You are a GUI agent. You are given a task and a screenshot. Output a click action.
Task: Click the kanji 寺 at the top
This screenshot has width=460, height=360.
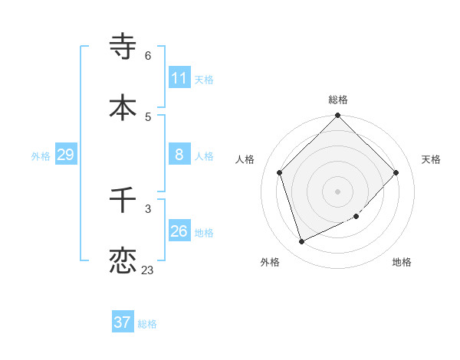tap(123, 47)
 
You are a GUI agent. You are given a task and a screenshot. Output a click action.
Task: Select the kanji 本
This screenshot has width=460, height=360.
tap(123, 107)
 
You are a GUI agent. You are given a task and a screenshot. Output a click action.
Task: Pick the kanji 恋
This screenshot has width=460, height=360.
tap(123, 260)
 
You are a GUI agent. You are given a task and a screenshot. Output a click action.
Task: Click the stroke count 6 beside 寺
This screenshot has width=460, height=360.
tap(148, 55)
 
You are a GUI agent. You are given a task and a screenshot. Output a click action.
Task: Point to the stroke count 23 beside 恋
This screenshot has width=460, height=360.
tap(147, 270)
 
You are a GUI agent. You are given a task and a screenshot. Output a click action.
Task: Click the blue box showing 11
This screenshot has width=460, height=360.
tap(179, 78)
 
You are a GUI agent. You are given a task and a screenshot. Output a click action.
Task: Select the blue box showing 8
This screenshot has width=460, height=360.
tap(179, 155)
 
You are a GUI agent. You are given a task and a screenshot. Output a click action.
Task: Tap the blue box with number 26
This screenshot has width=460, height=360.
tap(179, 231)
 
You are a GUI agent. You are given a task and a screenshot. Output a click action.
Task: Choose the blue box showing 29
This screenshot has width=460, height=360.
tap(65, 155)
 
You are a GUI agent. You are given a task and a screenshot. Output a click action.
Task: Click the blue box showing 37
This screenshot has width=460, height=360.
tap(123, 322)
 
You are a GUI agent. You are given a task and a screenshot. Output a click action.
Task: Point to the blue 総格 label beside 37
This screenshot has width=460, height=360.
tap(147, 324)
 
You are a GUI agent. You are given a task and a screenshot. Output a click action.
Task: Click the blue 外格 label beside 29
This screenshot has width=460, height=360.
tap(41, 156)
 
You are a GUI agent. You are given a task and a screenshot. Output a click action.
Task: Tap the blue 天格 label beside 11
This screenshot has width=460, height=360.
tap(204, 80)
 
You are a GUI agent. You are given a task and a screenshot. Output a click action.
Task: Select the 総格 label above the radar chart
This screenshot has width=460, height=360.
tap(338, 100)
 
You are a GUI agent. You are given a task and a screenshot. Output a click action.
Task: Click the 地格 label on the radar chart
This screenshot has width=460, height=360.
tap(402, 262)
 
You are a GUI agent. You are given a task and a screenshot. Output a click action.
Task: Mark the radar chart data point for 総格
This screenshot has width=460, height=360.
tap(338, 116)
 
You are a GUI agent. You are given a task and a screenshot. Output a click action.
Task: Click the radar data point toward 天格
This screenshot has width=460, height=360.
tap(396, 172)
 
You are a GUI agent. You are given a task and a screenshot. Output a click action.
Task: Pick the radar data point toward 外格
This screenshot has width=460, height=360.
tap(302, 242)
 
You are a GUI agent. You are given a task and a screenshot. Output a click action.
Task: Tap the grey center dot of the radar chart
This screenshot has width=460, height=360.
tap(338, 191)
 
